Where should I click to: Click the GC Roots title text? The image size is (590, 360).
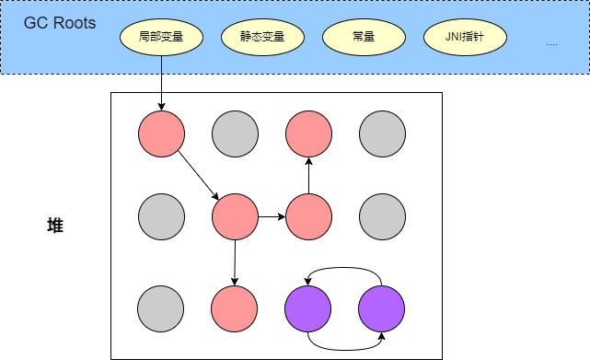coord(60,23)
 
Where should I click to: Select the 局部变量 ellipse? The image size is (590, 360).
coord(161,39)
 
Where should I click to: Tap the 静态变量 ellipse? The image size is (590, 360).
coord(262,39)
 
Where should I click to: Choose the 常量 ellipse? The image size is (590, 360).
coord(363,39)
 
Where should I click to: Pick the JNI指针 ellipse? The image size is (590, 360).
coord(464,39)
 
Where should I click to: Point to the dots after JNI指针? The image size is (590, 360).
coord(551,43)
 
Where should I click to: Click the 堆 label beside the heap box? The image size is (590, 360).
coord(55,225)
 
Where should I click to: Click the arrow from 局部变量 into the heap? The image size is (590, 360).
coord(161,83)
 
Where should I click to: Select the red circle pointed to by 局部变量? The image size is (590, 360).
coord(161,134)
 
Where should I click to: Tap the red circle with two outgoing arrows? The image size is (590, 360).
coord(235,217)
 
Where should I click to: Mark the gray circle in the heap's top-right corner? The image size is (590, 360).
coord(381,134)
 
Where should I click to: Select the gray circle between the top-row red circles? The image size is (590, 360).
coord(235,134)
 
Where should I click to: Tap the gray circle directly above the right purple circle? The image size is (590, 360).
coord(381,217)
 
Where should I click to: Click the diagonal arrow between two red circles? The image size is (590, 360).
coord(198,176)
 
